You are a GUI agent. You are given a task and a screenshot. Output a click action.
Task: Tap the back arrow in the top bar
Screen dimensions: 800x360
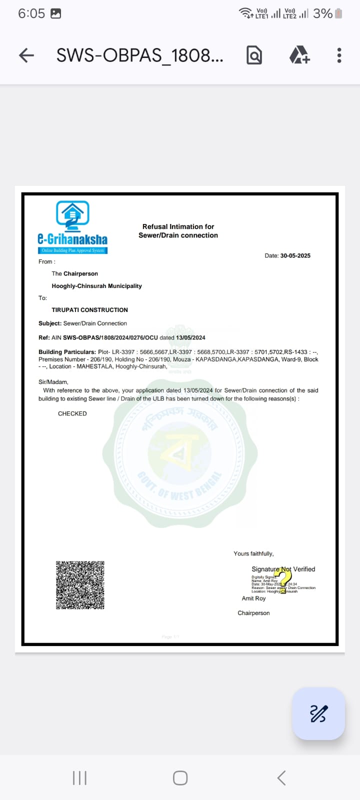[x=26, y=55]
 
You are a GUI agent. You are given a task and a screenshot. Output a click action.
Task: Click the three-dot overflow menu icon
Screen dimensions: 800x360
[x=339, y=55]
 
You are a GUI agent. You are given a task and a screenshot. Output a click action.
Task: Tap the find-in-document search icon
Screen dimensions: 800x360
[x=254, y=55]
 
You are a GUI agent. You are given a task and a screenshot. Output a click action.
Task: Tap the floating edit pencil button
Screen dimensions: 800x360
[x=318, y=713]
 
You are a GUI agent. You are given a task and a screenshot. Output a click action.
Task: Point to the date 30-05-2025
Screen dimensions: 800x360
[x=295, y=255]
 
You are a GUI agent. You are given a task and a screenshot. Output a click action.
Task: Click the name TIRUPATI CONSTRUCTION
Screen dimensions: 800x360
[x=90, y=310]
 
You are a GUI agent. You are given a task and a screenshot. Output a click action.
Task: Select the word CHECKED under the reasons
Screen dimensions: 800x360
[x=72, y=413]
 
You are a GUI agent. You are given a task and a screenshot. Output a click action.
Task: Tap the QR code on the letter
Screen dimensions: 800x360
[x=80, y=585]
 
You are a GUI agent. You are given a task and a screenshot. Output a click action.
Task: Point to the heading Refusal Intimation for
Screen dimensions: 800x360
[x=178, y=226]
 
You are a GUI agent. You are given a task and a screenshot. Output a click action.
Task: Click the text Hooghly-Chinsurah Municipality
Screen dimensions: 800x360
[x=96, y=286]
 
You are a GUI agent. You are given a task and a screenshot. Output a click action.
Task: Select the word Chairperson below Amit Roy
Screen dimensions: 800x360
[x=253, y=613]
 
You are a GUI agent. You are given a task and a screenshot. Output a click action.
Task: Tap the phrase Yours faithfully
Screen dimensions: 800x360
[x=253, y=553]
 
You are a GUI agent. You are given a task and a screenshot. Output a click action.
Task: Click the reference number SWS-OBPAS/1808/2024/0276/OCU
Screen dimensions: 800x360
[x=110, y=337]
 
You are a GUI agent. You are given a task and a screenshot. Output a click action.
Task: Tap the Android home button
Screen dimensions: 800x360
[x=180, y=778]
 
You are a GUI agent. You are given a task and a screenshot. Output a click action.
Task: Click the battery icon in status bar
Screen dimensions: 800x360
[x=338, y=13]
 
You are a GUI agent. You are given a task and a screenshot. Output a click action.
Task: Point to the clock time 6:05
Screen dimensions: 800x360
[x=31, y=13]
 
